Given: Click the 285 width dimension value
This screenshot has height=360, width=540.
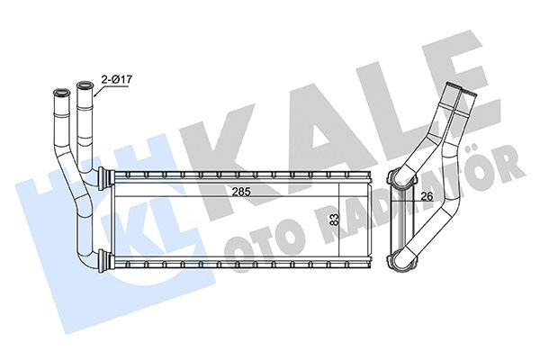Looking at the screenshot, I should click(x=239, y=192).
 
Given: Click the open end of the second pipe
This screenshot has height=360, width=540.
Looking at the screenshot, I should click(x=85, y=86).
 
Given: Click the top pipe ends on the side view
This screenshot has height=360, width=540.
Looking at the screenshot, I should click(x=463, y=90).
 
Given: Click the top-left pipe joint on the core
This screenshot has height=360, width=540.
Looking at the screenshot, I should click(x=103, y=173).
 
